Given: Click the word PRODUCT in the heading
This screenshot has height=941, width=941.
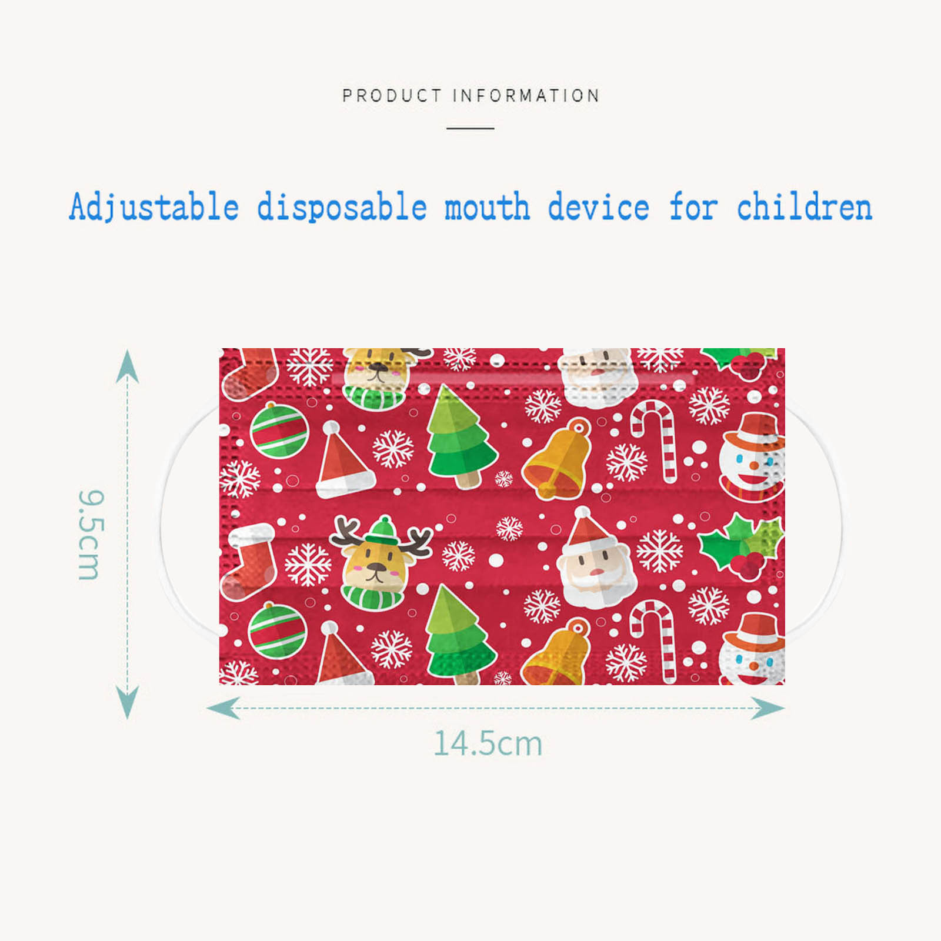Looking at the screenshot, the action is click(x=392, y=95).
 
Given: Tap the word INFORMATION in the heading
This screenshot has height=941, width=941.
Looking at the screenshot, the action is click(x=526, y=95).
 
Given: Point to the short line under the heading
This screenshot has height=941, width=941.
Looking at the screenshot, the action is click(x=470, y=128).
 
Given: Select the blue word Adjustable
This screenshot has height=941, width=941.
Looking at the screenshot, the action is click(x=154, y=207).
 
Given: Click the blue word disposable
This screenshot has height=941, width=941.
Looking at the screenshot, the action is click(x=342, y=207).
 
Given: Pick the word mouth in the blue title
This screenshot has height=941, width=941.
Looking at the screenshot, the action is click(x=487, y=207).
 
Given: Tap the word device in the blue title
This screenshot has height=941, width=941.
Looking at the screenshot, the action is click(x=599, y=207).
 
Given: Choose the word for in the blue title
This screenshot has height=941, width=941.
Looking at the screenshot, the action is click(x=693, y=207).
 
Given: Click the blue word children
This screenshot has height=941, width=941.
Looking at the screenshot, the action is click(x=804, y=207).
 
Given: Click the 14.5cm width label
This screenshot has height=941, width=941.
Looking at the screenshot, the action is click(x=488, y=743).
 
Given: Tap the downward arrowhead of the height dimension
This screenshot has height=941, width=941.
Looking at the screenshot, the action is click(x=127, y=702).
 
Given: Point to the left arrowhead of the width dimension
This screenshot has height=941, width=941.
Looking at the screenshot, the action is click(x=223, y=708).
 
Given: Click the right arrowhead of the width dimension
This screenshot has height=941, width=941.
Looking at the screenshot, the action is click(x=768, y=708).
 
